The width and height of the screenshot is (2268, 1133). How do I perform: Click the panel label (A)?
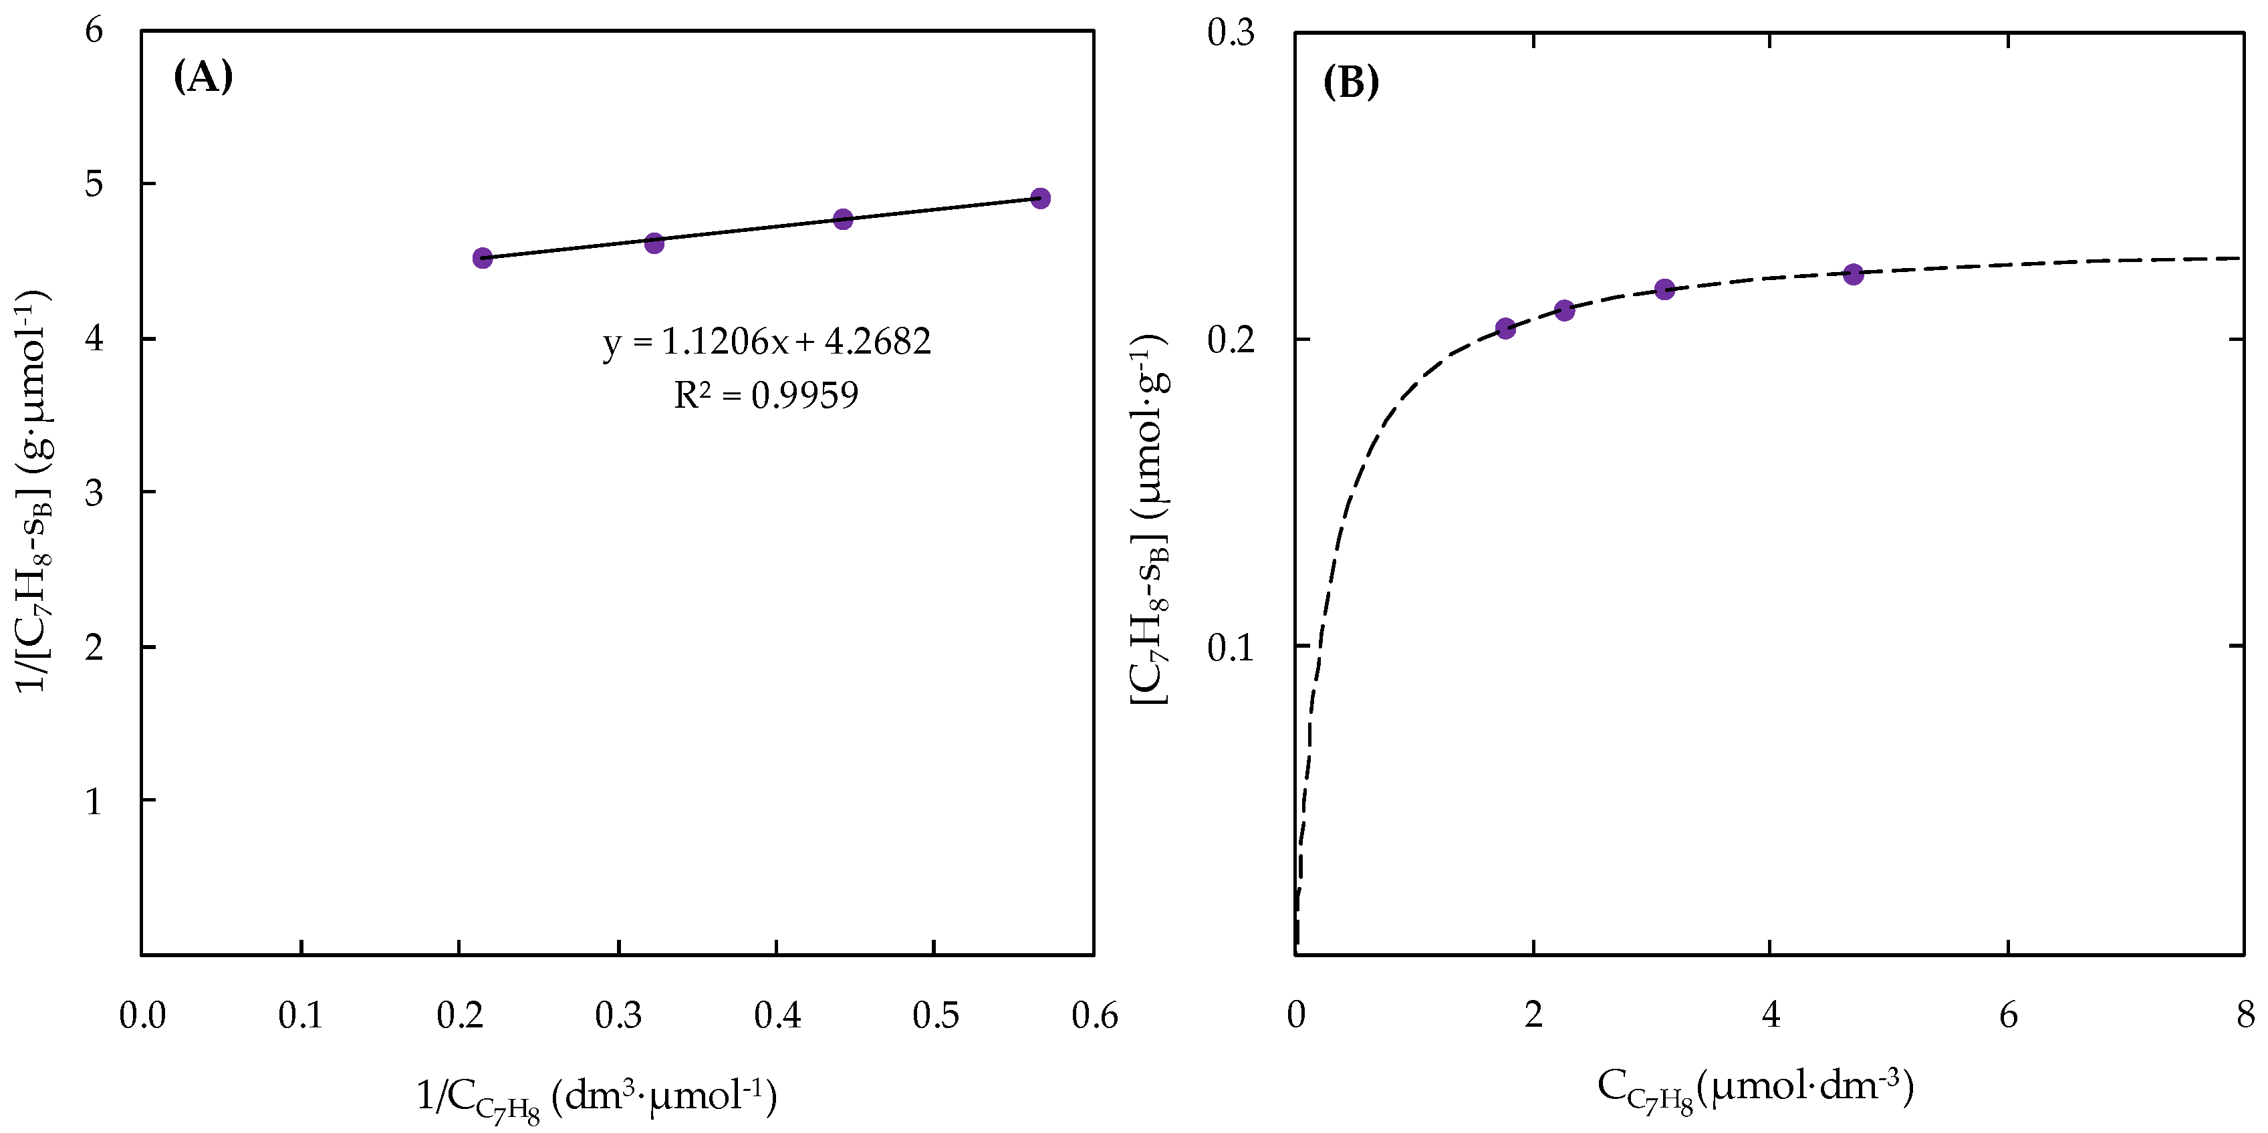(x=203, y=78)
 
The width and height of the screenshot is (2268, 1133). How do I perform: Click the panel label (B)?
(x=1351, y=83)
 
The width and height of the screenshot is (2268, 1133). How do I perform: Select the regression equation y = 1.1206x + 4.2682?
(x=767, y=342)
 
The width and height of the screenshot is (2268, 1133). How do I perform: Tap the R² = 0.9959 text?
(x=766, y=394)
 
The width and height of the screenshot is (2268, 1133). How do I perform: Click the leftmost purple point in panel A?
(x=483, y=258)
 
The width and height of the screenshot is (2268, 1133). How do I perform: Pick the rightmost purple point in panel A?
(x=1040, y=198)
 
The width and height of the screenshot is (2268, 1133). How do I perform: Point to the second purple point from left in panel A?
(x=654, y=243)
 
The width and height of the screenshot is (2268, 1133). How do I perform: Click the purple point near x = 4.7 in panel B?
(x=1854, y=275)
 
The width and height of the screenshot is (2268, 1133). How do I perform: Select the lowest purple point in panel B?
(x=1505, y=328)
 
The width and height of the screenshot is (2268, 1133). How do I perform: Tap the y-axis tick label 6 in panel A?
(x=94, y=31)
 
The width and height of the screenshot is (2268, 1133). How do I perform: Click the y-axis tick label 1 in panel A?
(x=94, y=801)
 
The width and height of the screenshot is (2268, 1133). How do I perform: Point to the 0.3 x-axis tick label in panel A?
(x=618, y=1015)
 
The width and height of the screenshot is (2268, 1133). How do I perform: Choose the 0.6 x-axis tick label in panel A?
(x=1094, y=1015)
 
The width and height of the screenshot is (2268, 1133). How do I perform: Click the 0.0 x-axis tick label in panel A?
(x=142, y=1015)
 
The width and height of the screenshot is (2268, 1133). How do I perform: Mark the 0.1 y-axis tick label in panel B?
(x=1230, y=648)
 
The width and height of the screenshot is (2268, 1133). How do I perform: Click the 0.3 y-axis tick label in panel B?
(x=1230, y=33)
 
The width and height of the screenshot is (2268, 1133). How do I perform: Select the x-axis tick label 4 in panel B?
(x=1771, y=1015)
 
